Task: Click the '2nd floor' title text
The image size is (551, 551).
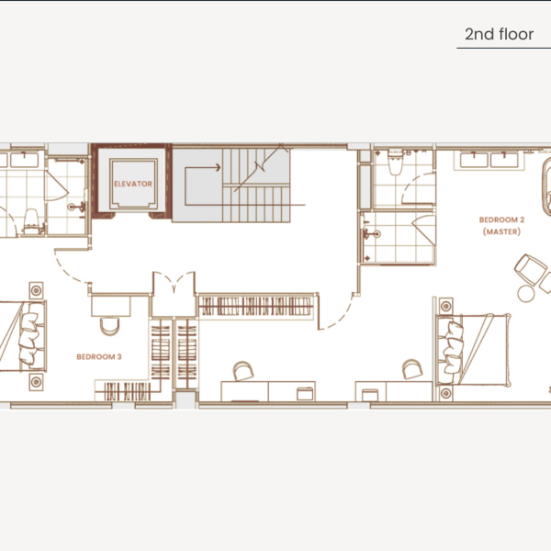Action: pos(499,35)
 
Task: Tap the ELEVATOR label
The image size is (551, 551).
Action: pos(133,184)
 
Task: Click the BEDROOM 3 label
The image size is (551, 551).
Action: pos(99,355)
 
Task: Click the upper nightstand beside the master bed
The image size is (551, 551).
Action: pos(447,305)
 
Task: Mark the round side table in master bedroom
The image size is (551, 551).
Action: pos(526,293)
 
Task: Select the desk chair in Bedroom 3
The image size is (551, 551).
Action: pos(108,326)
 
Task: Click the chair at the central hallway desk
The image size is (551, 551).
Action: pos(243,371)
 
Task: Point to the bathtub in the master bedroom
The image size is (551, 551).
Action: pos(544,194)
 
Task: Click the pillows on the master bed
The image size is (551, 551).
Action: pos(453,341)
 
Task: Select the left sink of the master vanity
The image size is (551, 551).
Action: pos(476,160)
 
